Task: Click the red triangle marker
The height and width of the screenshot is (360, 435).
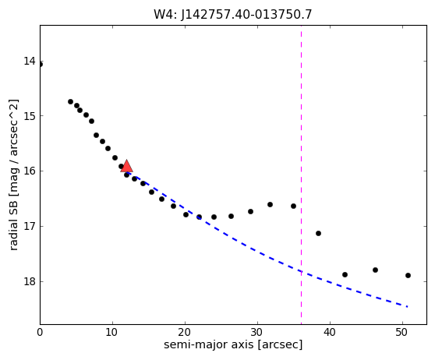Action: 126,166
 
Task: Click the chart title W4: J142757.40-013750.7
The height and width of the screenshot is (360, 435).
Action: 233,15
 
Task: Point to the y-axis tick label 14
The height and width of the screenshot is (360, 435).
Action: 30,61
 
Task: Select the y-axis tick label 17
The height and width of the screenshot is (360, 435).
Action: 30,226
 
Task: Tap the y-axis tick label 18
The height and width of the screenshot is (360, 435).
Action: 30,281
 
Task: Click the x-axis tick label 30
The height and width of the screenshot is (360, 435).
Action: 257,332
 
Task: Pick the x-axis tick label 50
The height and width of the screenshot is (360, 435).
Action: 402,332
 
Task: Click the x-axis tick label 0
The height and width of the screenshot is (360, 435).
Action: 40,332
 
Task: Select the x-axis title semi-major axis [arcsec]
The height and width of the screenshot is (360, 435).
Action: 233,344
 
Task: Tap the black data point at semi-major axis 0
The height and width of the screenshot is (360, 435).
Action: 41,65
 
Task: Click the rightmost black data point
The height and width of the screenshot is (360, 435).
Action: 408,275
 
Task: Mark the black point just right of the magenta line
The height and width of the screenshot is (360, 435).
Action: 318,233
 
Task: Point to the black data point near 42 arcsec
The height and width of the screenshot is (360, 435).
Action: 345,274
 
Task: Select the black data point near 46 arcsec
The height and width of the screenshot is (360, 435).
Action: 375,270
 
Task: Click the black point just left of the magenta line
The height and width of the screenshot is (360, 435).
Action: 294,206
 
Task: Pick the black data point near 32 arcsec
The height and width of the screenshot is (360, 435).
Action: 270,204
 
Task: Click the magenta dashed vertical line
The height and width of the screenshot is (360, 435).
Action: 301,175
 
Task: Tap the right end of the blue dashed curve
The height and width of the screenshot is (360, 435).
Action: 408,306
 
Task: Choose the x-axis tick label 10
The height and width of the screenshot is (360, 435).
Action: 112,332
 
